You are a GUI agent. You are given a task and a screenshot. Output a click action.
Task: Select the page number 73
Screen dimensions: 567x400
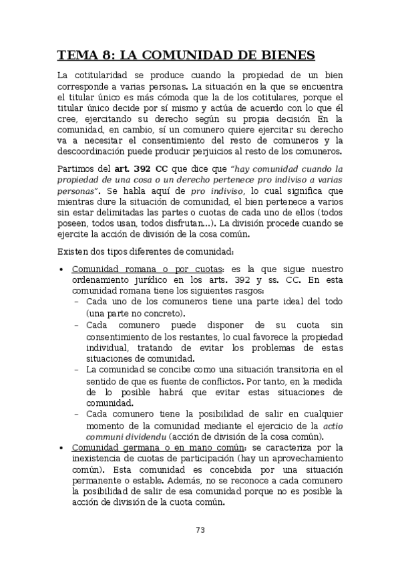coord(200,530)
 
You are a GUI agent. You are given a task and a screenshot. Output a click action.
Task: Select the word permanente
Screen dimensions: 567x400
coord(97,479)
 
